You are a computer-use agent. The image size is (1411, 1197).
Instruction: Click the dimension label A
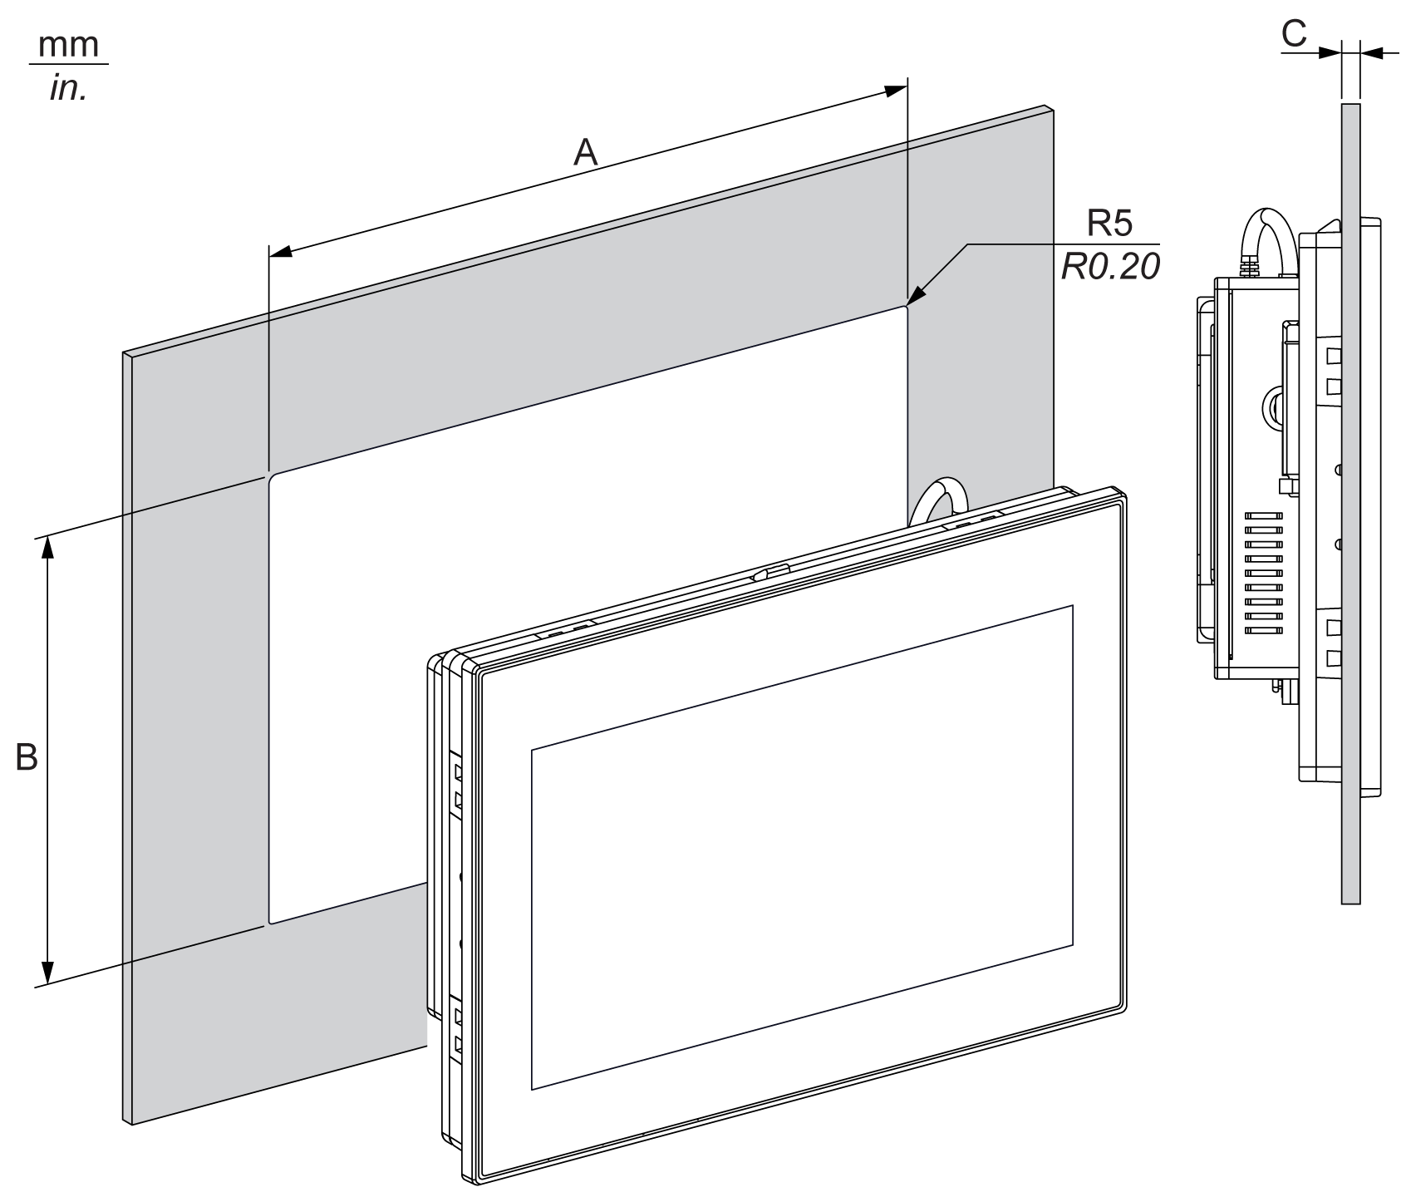(x=587, y=153)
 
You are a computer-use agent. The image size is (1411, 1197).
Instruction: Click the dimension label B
(x=27, y=757)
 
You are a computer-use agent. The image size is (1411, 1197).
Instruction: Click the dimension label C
(x=1294, y=33)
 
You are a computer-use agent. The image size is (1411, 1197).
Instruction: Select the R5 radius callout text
(x=1111, y=224)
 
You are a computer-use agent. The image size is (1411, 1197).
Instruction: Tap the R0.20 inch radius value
(x=1110, y=267)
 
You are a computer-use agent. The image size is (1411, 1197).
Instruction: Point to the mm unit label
(x=69, y=46)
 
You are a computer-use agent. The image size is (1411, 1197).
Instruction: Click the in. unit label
(x=69, y=87)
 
